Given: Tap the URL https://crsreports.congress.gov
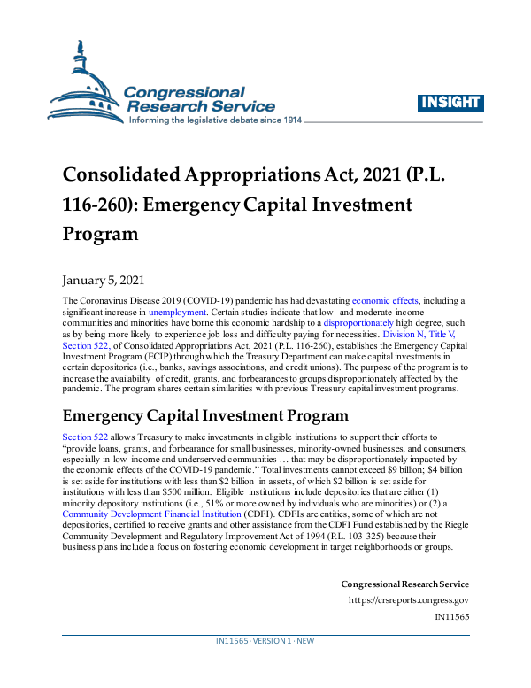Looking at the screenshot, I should [x=408, y=599].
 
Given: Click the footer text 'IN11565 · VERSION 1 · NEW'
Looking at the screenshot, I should [x=265, y=640].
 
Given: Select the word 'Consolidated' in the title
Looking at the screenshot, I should [x=123, y=174].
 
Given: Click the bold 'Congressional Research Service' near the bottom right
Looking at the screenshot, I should [x=404, y=584].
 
